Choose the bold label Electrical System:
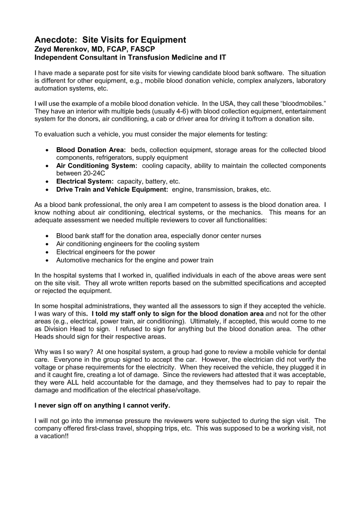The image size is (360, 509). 85,181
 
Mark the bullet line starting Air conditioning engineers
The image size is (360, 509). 128,244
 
